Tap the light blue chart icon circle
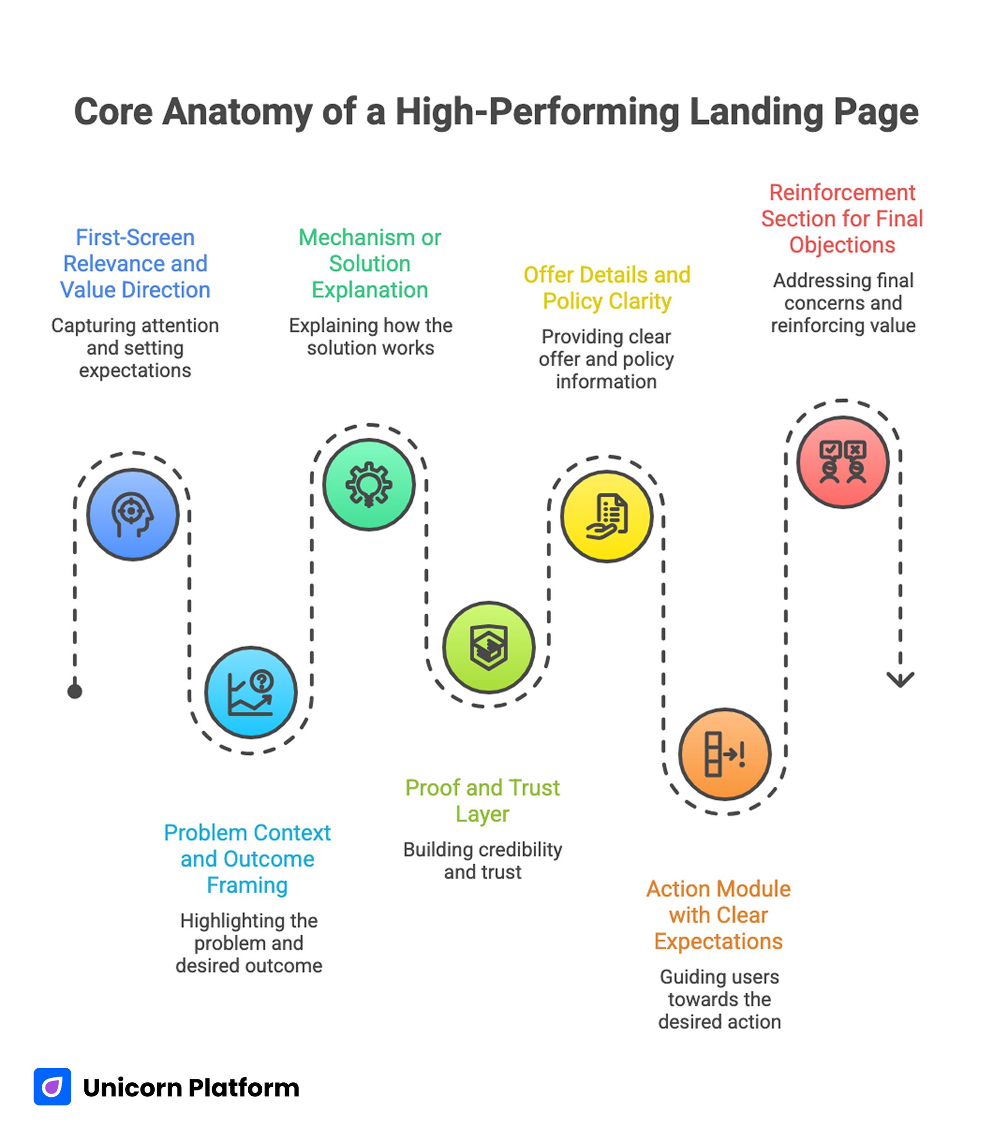click(251, 692)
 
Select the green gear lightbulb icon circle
click(369, 484)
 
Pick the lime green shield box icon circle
click(488, 647)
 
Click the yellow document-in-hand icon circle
click(607, 516)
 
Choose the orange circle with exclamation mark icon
click(725, 754)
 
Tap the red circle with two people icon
click(842, 462)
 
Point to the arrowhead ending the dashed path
click(900, 680)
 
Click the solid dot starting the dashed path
click(75, 691)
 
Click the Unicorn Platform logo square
click(52, 1086)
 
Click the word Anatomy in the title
click(237, 111)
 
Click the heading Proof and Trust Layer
click(482, 800)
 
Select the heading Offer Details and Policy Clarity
click(607, 288)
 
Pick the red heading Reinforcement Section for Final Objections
click(842, 218)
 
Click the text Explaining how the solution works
click(370, 336)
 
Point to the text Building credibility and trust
click(482, 860)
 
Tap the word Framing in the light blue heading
click(247, 885)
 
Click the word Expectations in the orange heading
click(718, 941)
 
